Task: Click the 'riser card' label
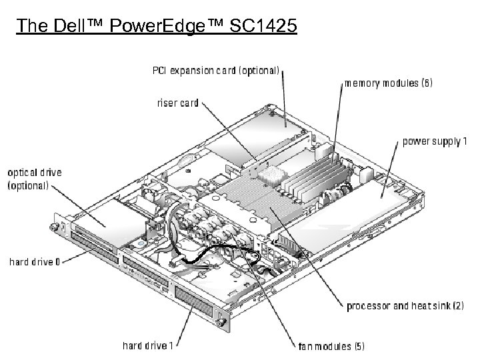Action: (x=177, y=103)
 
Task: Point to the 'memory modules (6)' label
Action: (x=389, y=83)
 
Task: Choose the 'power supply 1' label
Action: (x=435, y=141)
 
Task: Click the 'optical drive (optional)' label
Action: (x=34, y=179)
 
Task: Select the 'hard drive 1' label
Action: (x=148, y=345)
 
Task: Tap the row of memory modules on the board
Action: (x=313, y=177)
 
